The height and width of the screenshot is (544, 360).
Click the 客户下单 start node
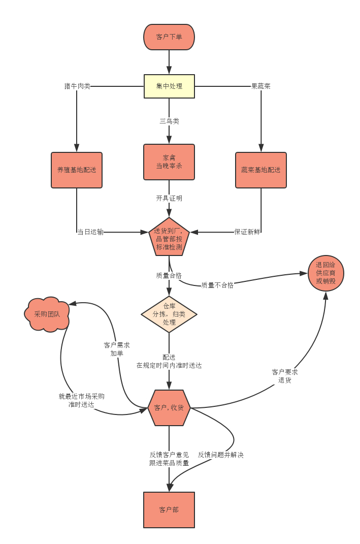pos(169,37)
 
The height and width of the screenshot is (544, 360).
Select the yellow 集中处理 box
pos(169,86)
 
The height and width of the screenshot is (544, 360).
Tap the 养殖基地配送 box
pos(77,170)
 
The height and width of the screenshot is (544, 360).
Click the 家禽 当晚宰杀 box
pos(169,162)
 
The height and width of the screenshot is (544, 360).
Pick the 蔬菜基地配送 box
pos(261,170)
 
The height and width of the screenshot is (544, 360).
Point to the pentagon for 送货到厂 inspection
pos(169,238)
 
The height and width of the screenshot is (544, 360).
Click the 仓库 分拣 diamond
pos(169,314)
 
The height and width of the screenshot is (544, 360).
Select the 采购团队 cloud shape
pos(47,314)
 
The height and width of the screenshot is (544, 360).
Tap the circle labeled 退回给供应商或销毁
pos(325,273)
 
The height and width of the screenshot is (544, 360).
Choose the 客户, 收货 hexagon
pos(169,408)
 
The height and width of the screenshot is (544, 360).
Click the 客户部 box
pos(169,510)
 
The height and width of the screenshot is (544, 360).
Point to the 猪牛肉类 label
pos(77,86)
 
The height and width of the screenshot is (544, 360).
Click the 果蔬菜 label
pos(261,86)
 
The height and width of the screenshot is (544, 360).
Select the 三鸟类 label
pos(169,121)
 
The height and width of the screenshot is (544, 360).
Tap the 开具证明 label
pos(169,198)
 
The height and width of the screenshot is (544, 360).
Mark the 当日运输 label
pos(90,232)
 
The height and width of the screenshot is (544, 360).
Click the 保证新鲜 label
pos(247,232)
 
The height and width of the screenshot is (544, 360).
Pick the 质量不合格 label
pos(217,285)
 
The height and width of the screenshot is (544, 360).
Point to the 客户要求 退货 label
pos(285,376)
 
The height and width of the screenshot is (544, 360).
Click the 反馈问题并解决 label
pos(221,455)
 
